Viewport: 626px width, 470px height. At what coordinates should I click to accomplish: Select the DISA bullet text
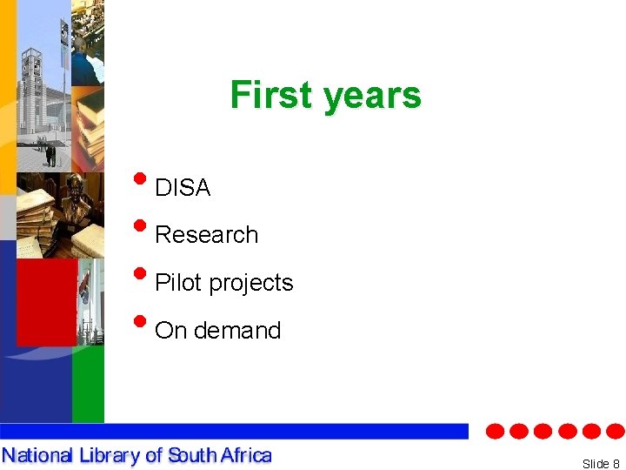tap(183, 187)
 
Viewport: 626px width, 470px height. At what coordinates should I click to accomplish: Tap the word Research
tap(206, 235)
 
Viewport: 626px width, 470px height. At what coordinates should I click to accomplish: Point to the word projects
tap(251, 284)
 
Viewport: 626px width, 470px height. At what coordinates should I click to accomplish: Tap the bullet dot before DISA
tap(140, 181)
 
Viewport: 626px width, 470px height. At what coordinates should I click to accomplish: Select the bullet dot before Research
tap(140, 229)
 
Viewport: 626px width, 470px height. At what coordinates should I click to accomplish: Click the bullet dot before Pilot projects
tap(140, 277)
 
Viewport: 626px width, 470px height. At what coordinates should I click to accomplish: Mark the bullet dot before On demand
tap(140, 324)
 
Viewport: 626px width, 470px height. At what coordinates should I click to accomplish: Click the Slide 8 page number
tap(600, 464)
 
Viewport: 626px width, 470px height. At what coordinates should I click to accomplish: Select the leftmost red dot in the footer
tap(495, 431)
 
